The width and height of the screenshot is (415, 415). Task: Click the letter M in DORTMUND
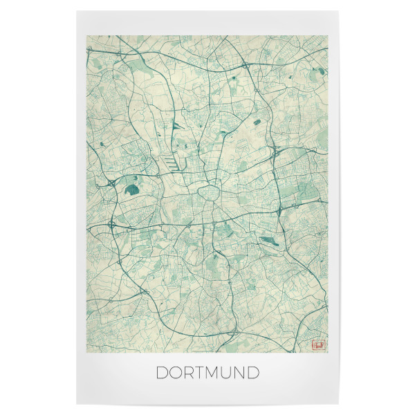[x=212, y=373]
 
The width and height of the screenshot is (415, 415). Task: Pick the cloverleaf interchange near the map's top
[x=246, y=67]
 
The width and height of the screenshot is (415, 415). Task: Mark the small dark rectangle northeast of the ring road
[x=257, y=122]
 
